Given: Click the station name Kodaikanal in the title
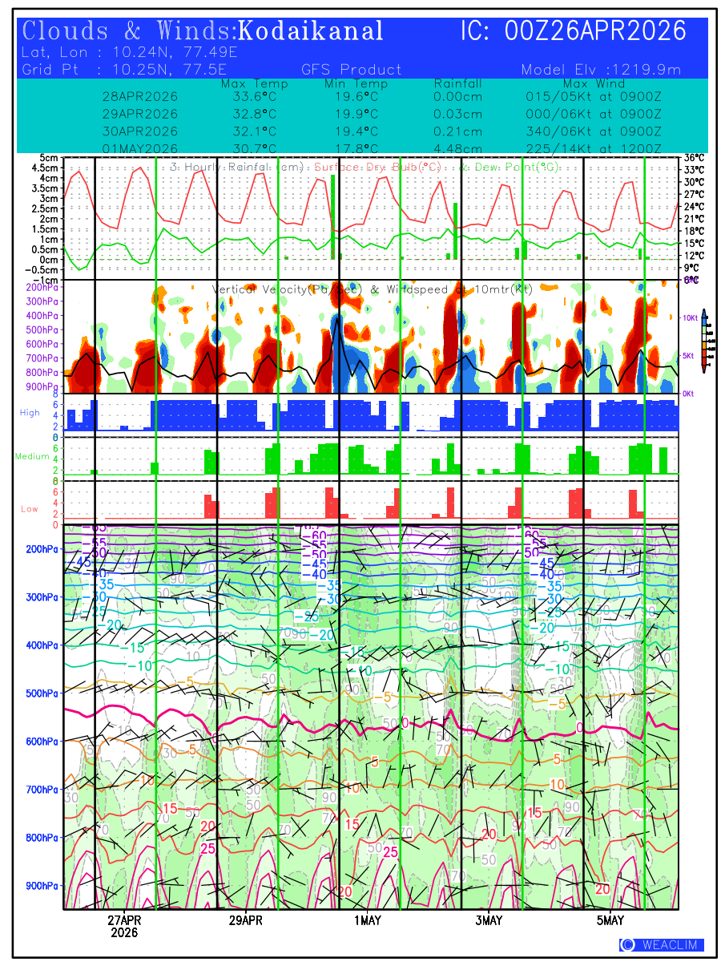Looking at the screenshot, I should click(x=311, y=31).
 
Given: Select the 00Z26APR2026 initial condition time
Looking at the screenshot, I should click(x=595, y=31).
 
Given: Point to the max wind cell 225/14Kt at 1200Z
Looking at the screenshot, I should click(x=594, y=148).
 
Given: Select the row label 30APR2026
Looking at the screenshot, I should click(x=140, y=131).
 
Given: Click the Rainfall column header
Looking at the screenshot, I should click(x=457, y=83).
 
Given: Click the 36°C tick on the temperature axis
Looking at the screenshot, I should click(x=694, y=158).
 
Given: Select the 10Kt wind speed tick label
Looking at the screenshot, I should click(x=691, y=317).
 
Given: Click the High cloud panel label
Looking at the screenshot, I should click(x=30, y=412).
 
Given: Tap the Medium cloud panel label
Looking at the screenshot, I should click(x=32, y=456).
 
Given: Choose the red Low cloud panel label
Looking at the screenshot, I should click(x=30, y=508).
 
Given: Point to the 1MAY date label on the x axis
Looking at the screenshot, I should click(x=368, y=920).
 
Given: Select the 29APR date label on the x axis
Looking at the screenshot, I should click(x=245, y=920).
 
